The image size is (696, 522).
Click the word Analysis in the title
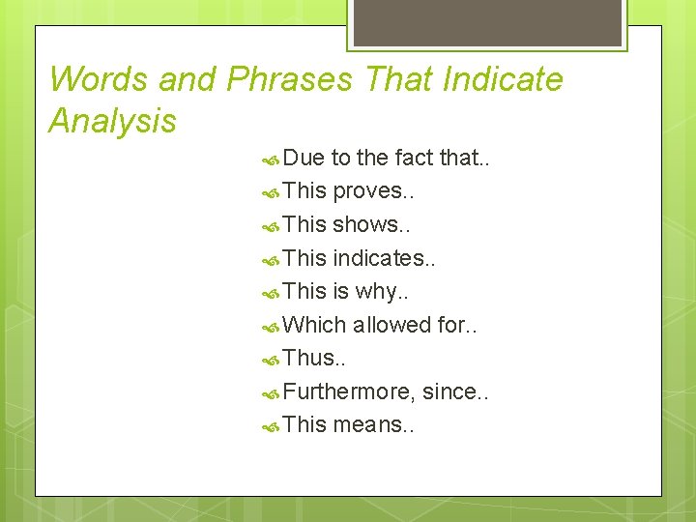(x=112, y=122)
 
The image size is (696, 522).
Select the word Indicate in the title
(x=502, y=79)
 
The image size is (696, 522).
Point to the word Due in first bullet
(x=305, y=158)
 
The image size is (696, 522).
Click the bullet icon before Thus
(x=272, y=360)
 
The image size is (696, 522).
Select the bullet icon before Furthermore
(x=272, y=392)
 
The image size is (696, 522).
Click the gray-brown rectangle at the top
(x=487, y=22)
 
